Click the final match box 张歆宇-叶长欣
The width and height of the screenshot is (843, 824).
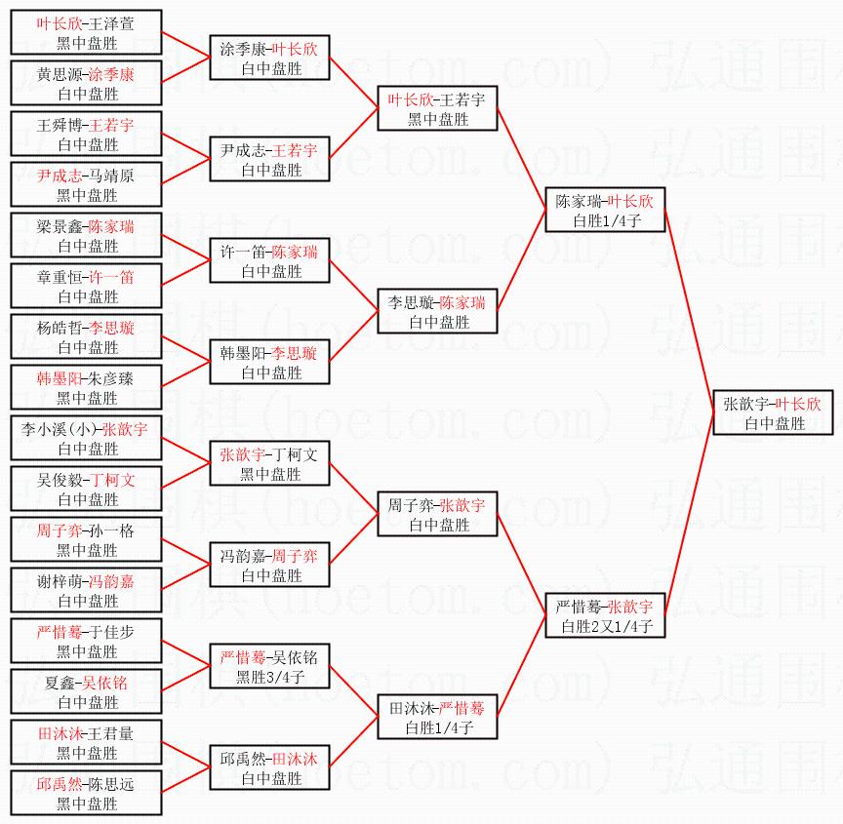click(x=773, y=412)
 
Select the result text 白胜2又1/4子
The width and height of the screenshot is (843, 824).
click(x=605, y=626)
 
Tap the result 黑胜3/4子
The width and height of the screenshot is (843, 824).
click(x=269, y=677)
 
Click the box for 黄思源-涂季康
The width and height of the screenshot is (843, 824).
click(x=86, y=84)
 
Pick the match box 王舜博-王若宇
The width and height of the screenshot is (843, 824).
click(x=86, y=135)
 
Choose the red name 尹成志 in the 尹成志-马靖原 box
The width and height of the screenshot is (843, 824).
click(x=60, y=176)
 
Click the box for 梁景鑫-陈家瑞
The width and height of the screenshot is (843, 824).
click(x=86, y=236)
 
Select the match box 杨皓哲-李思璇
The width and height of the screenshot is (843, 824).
click(x=86, y=337)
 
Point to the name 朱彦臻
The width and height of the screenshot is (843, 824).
click(x=112, y=378)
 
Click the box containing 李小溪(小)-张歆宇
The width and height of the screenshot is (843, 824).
click(x=86, y=439)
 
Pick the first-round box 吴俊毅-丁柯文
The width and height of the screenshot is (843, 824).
click(x=86, y=490)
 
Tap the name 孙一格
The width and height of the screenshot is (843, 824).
click(x=111, y=530)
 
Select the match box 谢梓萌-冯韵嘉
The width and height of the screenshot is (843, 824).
click(x=86, y=591)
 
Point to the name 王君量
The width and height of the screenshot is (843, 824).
click(x=111, y=733)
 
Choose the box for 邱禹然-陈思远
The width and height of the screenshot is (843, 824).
click(x=86, y=794)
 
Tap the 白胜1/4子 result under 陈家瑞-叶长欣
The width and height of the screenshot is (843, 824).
click(x=605, y=220)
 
